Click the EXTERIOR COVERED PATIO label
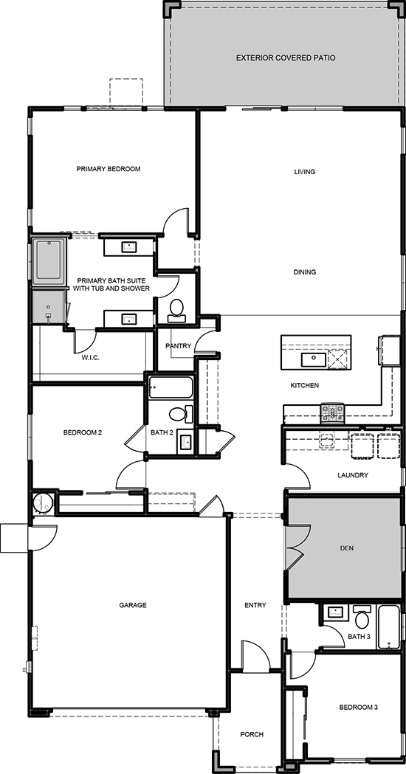point(286,58)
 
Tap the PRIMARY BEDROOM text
point(109,169)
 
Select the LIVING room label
point(304,172)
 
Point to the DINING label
point(304,272)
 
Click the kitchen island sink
point(313,359)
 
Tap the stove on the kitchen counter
point(333,412)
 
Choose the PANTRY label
point(178,346)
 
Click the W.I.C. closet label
point(90,357)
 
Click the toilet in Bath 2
point(180,414)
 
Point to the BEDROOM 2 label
point(83,433)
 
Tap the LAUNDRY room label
point(353,475)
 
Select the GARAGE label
point(133,605)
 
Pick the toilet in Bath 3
point(362,616)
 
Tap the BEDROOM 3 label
point(359,708)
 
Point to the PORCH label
point(252,734)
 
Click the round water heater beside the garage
point(43,503)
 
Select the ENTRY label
point(255,605)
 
